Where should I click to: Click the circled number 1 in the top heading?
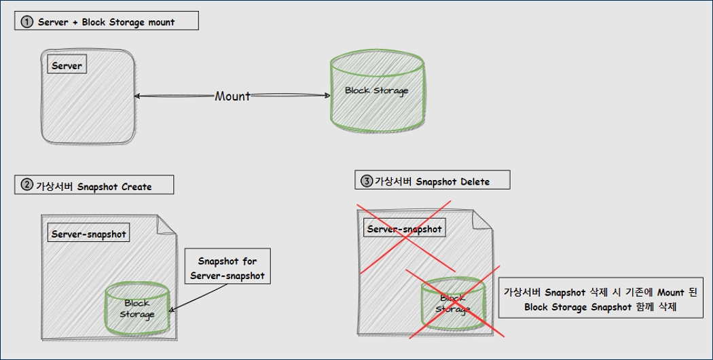pyautogui.click(x=27, y=22)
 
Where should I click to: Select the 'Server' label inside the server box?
pyautogui.click(x=67, y=66)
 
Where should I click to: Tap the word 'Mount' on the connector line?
pyautogui.click(x=232, y=96)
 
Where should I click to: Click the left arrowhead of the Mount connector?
pyautogui.click(x=139, y=96)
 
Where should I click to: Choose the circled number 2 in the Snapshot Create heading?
pyautogui.click(x=27, y=185)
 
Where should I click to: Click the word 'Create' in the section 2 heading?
pyautogui.click(x=136, y=186)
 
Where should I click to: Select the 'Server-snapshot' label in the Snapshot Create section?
pyautogui.click(x=88, y=234)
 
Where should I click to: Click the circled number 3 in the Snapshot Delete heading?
pyautogui.click(x=367, y=181)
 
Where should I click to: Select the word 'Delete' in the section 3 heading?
pyautogui.click(x=473, y=181)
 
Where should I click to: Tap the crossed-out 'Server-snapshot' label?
pyautogui.click(x=404, y=229)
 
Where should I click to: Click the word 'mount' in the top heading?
pyautogui.click(x=160, y=22)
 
